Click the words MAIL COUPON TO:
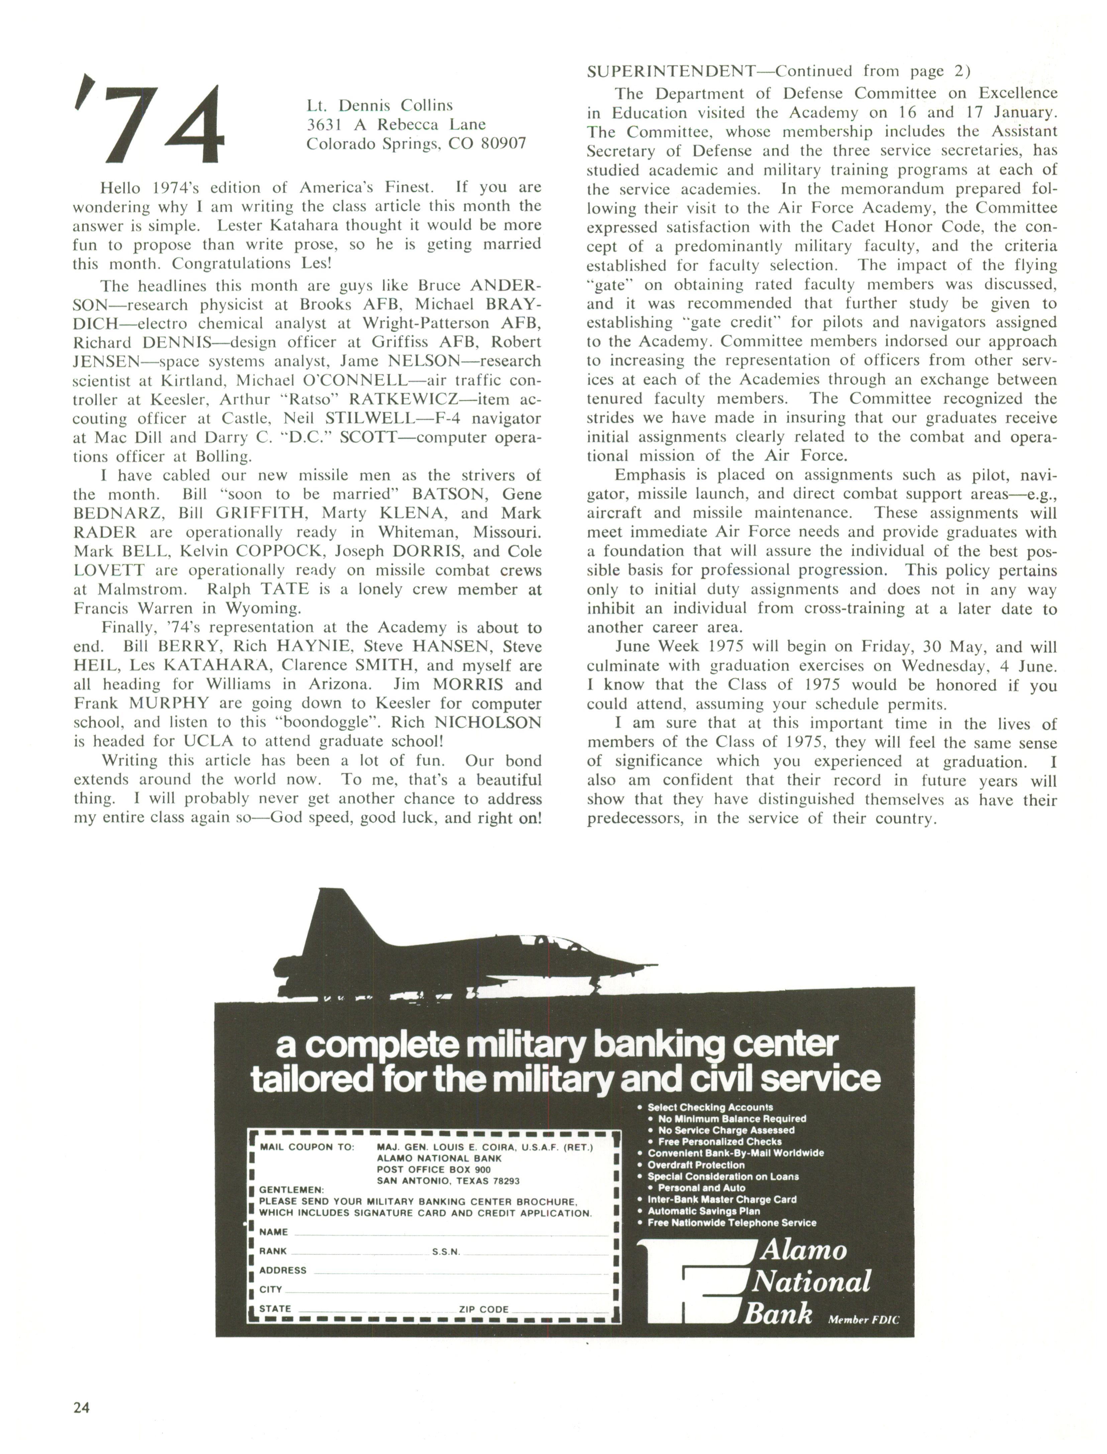pos(306,1147)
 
